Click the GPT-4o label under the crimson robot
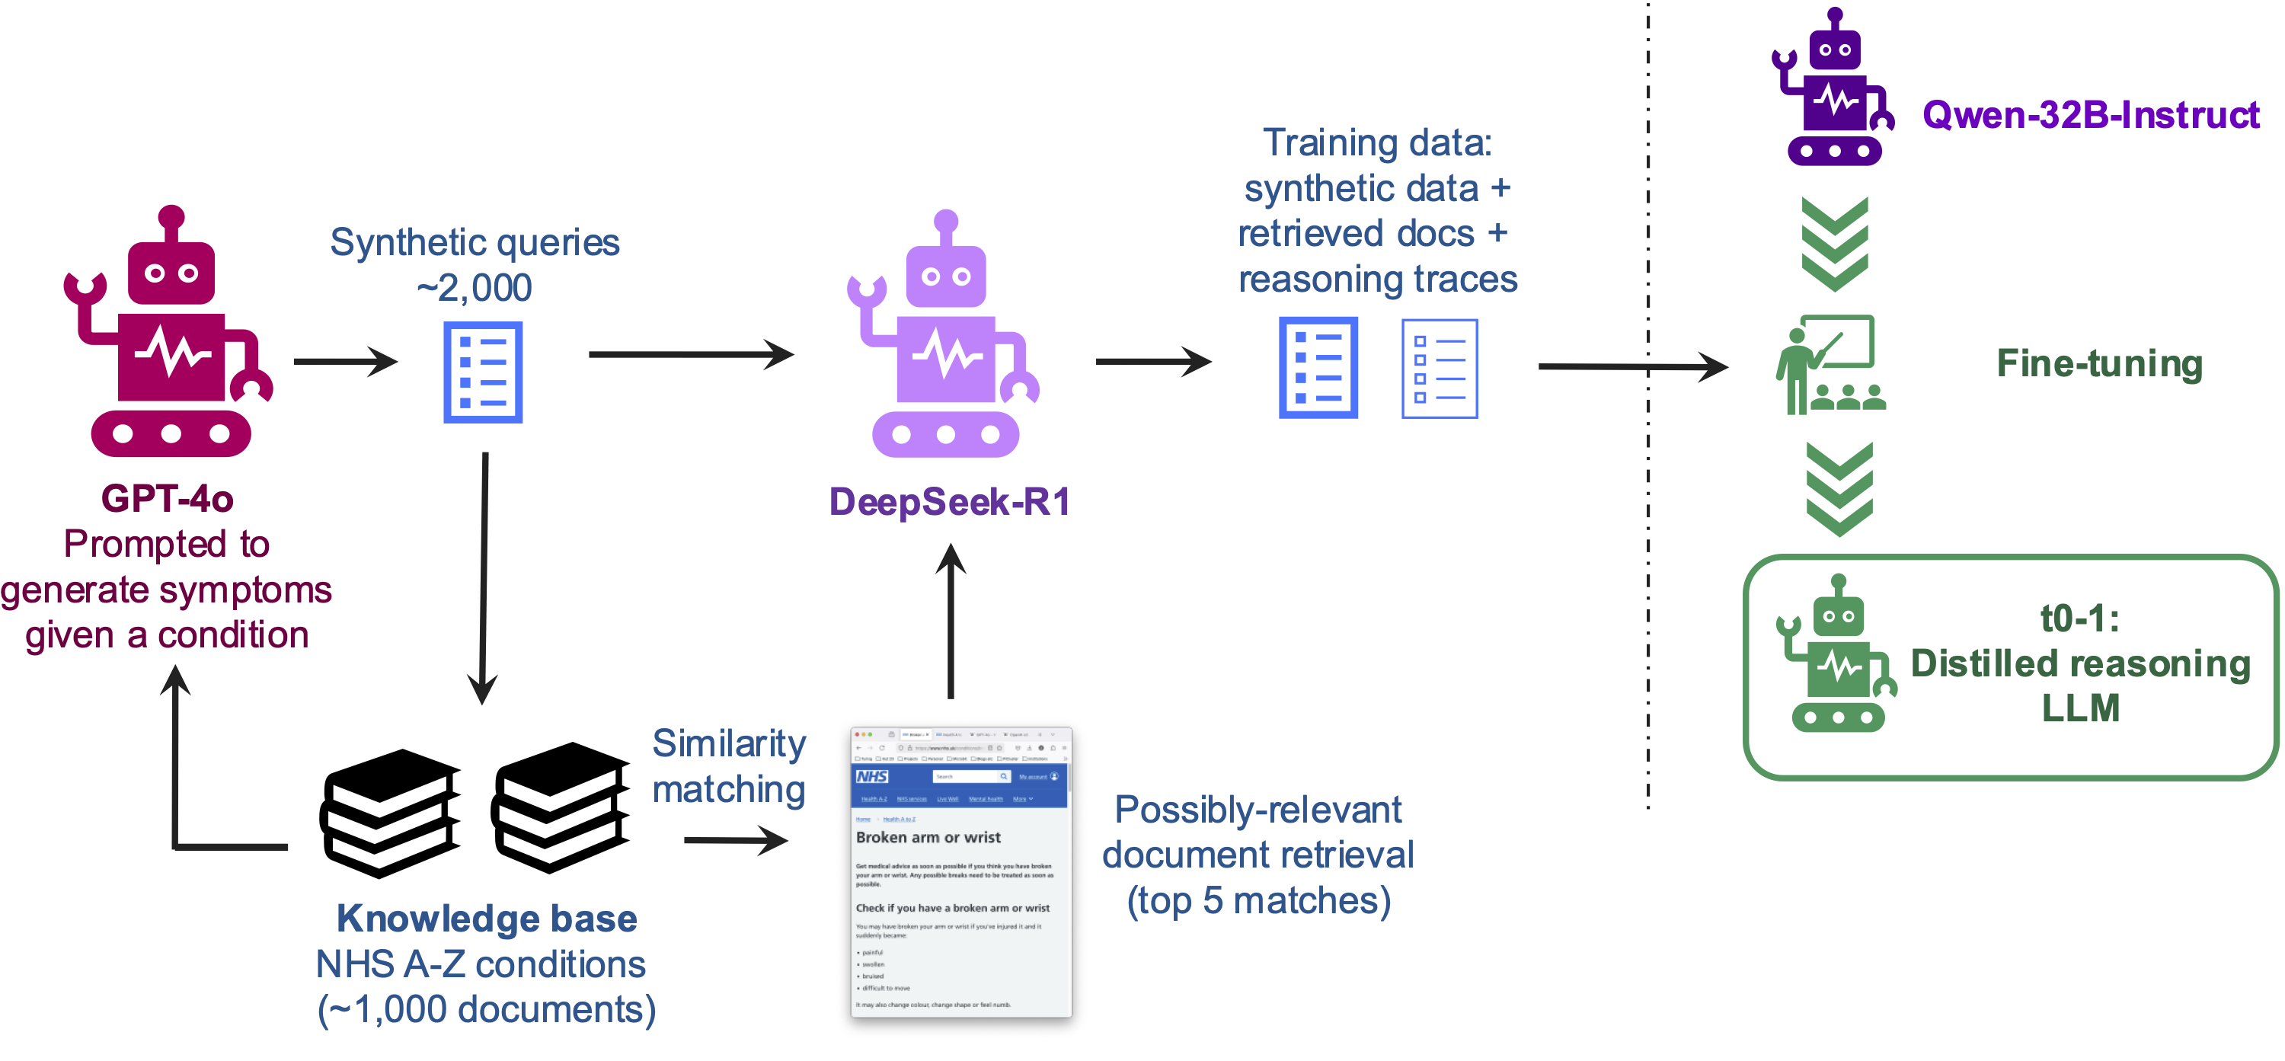[167, 499]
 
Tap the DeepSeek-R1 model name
[949, 502]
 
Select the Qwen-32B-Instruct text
[2090, 115]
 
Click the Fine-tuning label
[2098, 364]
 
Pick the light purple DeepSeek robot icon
[945, 337]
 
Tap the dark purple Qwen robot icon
[1833, 88]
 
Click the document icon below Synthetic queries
[483, 372]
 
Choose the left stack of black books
[390, 813]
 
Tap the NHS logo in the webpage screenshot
[872, 776]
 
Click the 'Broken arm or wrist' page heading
[928, 837]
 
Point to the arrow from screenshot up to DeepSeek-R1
[951, 621]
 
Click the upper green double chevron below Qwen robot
[1834, 244]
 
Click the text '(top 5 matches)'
[1258, 901]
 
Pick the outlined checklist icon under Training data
[1439, 369]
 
